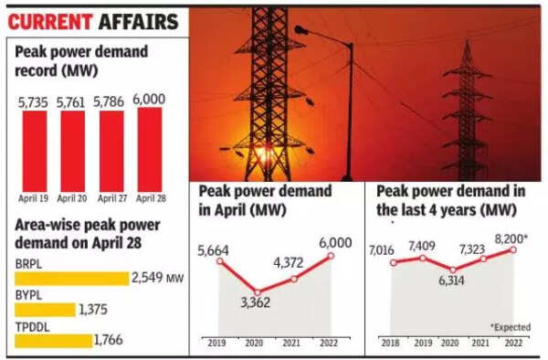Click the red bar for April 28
[150, 149]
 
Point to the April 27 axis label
[110, 198]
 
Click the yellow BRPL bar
[70, 278]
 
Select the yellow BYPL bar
[43, 310]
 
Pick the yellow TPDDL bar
[53, 341]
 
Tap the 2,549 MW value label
[159, 278]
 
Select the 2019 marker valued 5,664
[220, 260]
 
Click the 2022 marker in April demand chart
[331, 256]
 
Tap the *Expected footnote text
[515, 326]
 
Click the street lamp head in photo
[301, 32]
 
